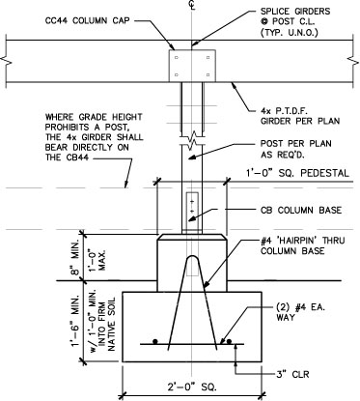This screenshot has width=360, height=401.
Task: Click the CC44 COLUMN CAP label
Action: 88,20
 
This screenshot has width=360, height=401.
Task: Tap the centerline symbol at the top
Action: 192,5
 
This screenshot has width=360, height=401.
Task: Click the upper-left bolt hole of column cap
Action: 177,58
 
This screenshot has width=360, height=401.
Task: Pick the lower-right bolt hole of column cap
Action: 208,74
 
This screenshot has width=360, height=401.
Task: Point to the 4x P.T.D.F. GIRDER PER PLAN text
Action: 300,116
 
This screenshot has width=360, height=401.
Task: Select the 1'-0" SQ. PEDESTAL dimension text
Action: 297,173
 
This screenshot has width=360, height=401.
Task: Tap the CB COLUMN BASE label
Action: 301,210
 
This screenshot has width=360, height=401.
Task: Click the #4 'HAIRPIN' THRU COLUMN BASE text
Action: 302,245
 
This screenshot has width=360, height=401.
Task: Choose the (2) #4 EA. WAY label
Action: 300,312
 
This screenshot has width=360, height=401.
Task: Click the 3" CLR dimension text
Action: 292,374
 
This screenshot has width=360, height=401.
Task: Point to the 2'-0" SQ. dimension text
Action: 191,387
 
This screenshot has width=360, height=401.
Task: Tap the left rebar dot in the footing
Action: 155,341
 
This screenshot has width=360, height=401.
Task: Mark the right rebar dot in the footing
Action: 229,341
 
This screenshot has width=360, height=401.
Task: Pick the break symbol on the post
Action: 192,140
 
